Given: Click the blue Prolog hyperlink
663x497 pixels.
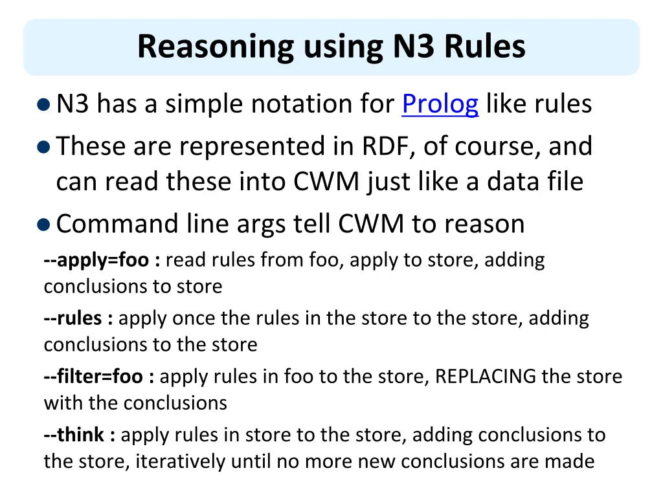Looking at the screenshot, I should coord(440,104).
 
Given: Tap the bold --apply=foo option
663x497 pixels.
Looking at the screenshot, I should coord(102,260).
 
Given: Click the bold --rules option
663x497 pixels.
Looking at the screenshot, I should coord(78,318).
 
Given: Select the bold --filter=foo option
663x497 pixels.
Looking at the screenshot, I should coord(99,377).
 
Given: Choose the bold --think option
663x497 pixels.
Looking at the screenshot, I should coord(79,435).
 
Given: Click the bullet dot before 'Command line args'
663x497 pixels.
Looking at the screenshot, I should coord(43,225).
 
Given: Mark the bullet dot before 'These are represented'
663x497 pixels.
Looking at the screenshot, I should coord(43,147).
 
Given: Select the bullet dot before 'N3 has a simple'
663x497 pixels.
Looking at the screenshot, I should coord(43,104).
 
